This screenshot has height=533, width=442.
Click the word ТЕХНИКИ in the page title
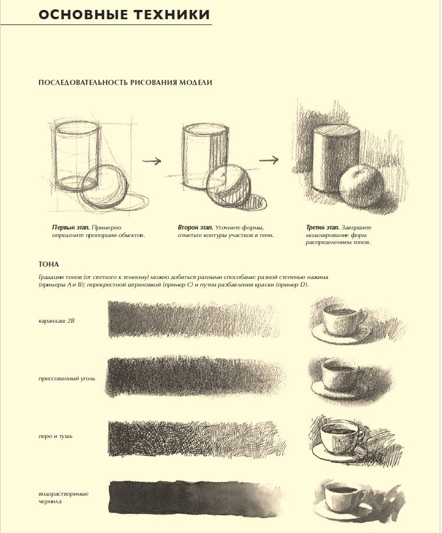[169, 15]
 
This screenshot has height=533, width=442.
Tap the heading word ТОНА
[48, 264]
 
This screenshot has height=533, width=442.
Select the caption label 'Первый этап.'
[70, 227]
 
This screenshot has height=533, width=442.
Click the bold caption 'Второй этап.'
[195, 227]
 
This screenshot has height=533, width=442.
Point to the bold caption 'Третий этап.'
[323, 227]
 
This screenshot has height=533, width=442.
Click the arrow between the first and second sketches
[151, 161]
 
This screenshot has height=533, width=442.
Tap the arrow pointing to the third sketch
[268, 160]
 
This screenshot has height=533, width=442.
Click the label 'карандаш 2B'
[56, 320]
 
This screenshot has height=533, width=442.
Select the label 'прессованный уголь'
[67, 378]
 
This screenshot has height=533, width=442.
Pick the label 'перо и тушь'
[55, 436]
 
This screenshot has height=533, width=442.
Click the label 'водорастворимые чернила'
[63, 497]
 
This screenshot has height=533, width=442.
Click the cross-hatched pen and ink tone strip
[197, 439]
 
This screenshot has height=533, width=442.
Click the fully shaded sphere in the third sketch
[362, 186]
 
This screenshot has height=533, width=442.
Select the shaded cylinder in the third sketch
[335, 158]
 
